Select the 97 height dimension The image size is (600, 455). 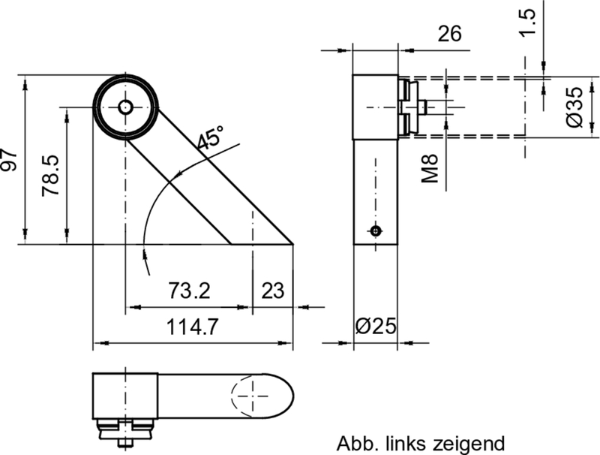click(9, 159)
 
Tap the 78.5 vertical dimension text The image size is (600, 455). click(51, 176)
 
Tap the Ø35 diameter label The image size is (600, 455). click(576, 107)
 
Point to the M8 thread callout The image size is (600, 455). click(429, 165)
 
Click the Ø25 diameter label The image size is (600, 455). click(375, 326)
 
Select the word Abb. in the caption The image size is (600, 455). click(353, 442)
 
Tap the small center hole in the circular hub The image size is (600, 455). click(125, 107)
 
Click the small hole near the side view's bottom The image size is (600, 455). click(376, 231)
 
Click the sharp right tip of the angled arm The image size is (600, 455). click(292, 243)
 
